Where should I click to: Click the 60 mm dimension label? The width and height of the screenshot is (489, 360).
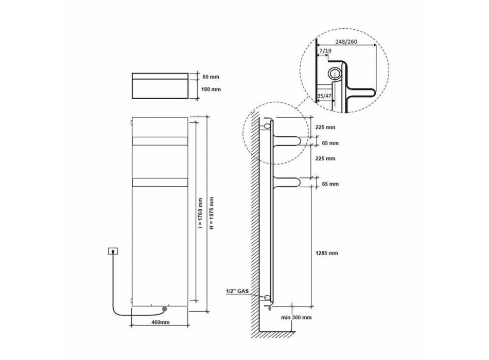(211, 77)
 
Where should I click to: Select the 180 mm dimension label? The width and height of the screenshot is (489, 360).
(211, 89)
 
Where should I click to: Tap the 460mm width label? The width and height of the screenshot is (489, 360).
(160, 322)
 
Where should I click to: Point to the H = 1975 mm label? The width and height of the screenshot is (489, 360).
(212, 213)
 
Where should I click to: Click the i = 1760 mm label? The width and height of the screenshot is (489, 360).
(200, 213)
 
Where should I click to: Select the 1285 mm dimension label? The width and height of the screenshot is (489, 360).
(326, 253)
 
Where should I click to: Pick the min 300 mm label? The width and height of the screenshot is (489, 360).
(296, 318)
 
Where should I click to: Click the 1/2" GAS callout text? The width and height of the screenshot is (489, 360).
(237, 291)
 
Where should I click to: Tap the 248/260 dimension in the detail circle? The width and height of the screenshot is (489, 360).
(346, 42)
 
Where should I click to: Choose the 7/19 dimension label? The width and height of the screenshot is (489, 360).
(325, 50)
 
